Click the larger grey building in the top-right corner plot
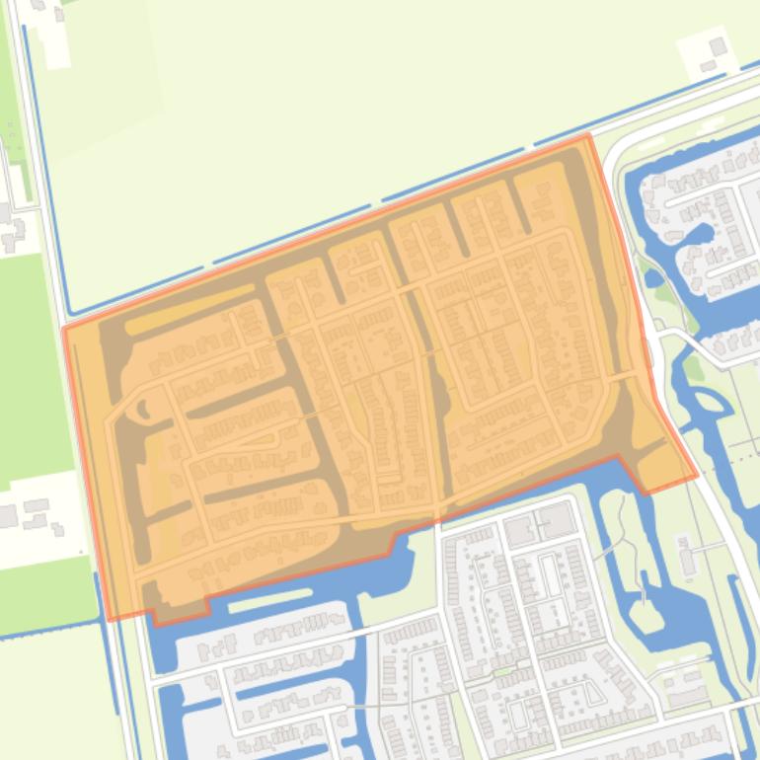(719, 46)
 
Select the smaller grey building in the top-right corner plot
(708, 65)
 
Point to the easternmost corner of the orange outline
(697, 476)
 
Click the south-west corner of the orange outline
(109, 619)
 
